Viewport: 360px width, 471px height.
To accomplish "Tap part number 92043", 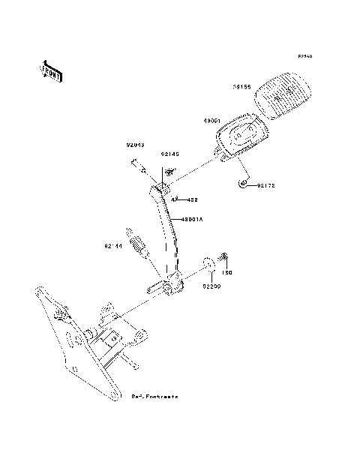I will click(x=135, y=145).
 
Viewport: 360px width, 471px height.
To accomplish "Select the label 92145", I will click(x=170, y=154).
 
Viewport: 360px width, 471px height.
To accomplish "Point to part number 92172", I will click(x=268, y=185).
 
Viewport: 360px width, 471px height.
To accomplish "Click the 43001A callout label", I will click(x=192, y=220).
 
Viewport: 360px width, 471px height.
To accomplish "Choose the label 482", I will click(x=192, y=200).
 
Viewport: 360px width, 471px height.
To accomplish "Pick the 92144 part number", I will click(x=114, y=245).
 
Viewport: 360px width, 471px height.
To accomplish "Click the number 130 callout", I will click(x=229, y=272).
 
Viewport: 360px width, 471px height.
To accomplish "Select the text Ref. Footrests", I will click(x=155, y=395).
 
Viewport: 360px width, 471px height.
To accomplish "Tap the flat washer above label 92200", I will click(x=208, y=264).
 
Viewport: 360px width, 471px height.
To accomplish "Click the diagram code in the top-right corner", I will click(x=304, y=56).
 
